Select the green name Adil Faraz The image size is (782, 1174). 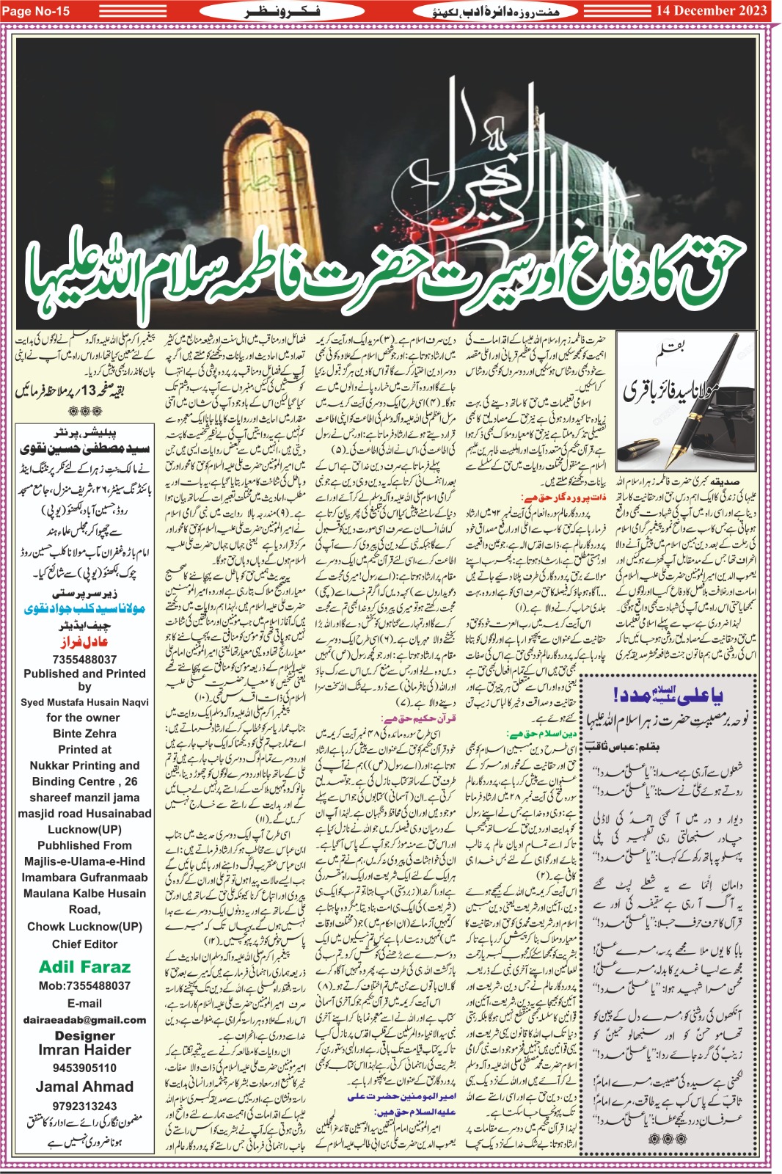(84, 967)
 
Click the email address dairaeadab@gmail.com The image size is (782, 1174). (84, 1020)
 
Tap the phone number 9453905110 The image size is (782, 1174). (84, 1068)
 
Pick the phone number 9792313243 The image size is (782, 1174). (84, 1106)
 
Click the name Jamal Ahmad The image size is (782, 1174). (84, 1087)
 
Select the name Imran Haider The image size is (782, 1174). (84, 1050)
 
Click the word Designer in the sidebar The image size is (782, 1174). (84, 1035)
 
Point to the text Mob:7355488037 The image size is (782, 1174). (84, 986)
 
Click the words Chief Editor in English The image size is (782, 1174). (84, 944)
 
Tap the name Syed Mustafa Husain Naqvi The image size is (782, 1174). (84, 702)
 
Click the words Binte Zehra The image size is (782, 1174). (84, 733)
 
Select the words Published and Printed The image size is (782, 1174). (84, 674)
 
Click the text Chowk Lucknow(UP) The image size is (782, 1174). (84, 927)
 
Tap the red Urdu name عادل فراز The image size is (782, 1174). (86, 642)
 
